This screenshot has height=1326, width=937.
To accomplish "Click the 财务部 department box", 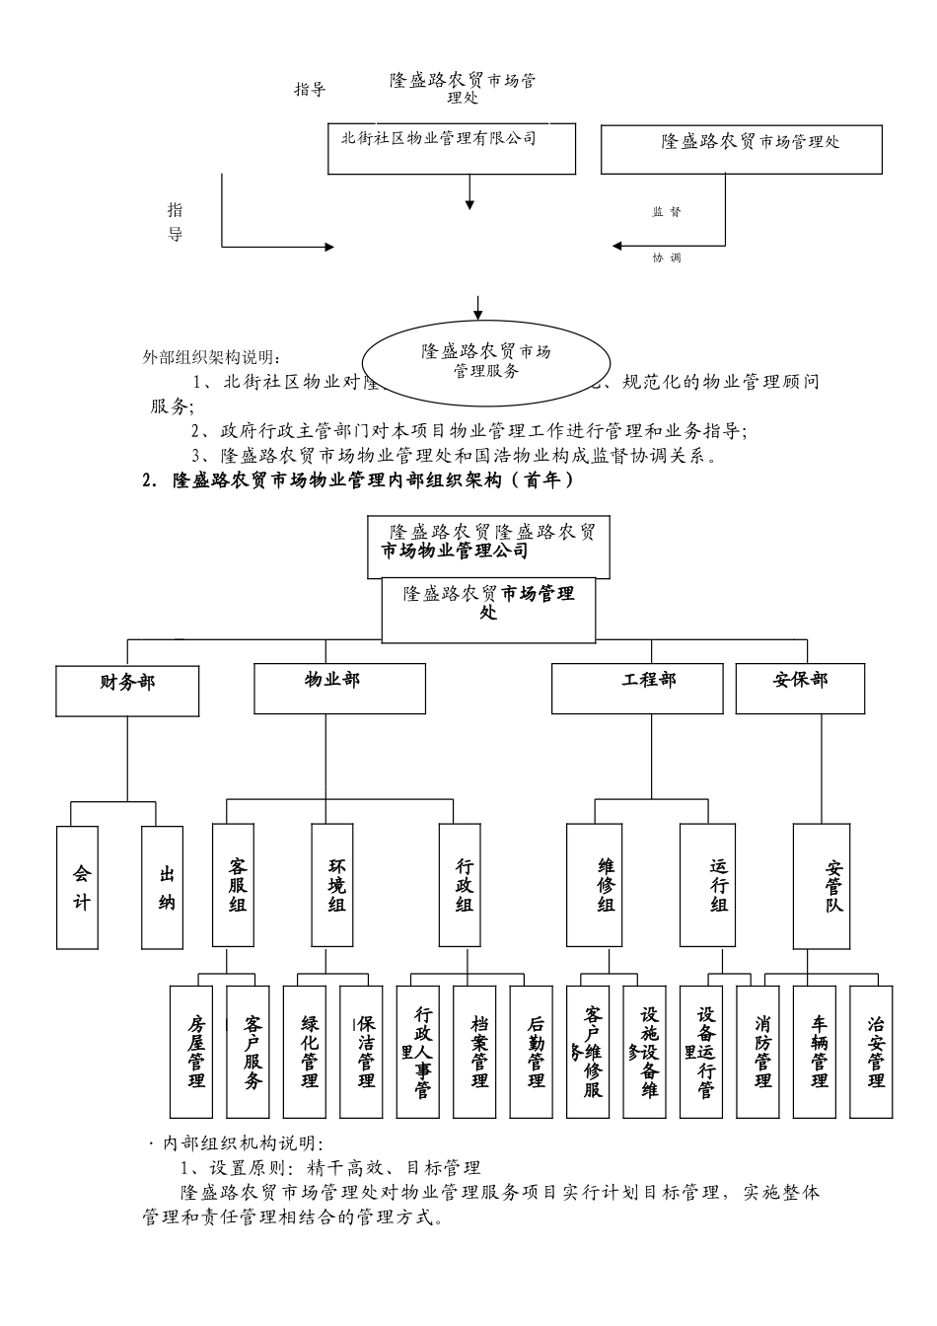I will click(127, 690).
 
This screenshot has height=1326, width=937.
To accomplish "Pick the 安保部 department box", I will click(800, 688).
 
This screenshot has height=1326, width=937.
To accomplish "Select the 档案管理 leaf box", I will click(480, 1051).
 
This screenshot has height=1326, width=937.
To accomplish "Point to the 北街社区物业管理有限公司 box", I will click(452, 149).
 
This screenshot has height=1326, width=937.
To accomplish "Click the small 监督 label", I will click(666, 212).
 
